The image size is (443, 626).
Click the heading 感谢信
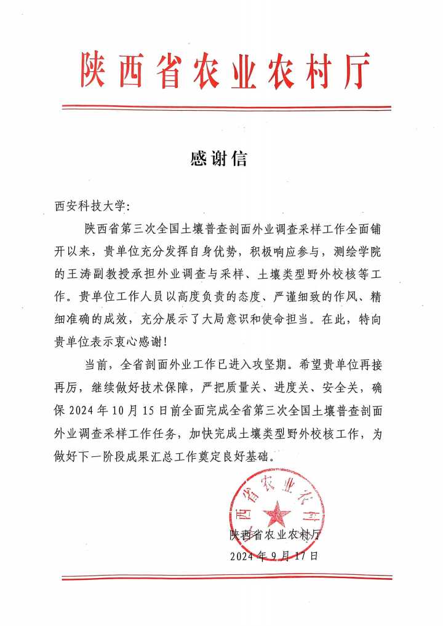[218, 159]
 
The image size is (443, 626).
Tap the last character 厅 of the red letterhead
[356, 70]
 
